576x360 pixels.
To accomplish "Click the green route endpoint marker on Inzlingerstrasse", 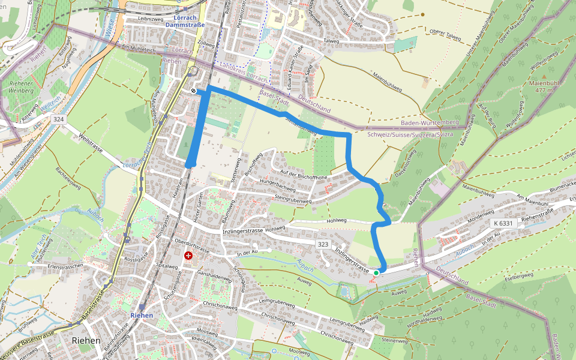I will [376, 273].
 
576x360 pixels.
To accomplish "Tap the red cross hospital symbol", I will [188, 256].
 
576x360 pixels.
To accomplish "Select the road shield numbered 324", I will [58, 119].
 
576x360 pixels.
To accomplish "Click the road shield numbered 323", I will [323, 245].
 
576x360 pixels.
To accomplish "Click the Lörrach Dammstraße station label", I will [185, 22].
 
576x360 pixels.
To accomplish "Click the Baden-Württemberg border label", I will [429, 122].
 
